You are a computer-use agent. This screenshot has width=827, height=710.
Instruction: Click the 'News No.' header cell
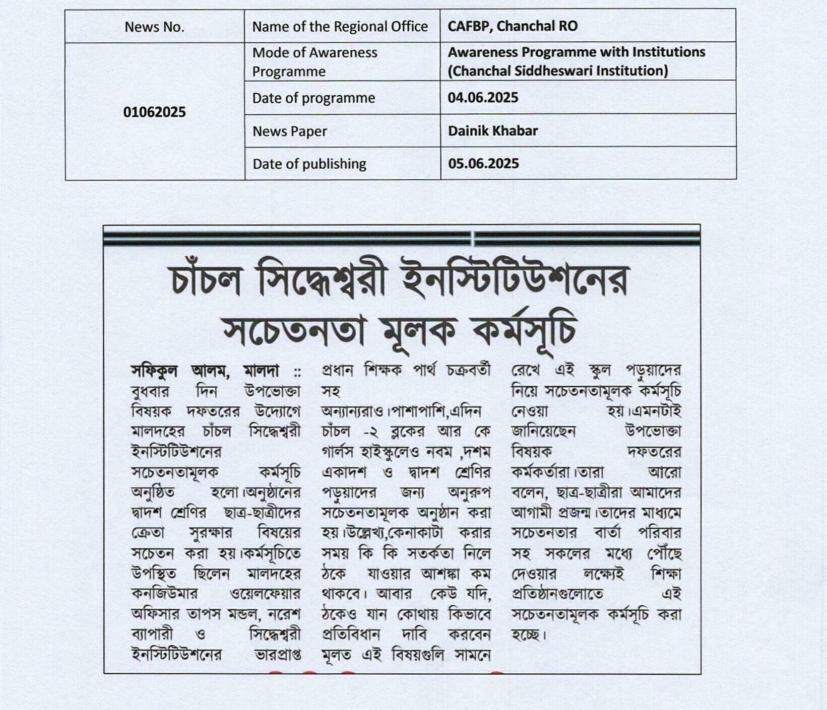click(154, 27)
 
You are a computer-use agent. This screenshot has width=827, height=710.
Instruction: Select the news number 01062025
click(154, 112)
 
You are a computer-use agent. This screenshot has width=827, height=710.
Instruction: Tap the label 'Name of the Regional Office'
click(340, 27)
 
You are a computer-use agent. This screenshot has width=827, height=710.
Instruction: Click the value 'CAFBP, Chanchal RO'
click(512, 26)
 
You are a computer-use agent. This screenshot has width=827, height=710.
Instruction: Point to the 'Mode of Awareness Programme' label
click(314, 61)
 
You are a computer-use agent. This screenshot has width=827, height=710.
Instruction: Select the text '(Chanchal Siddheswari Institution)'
click(557, 71)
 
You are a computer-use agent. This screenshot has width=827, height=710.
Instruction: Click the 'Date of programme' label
click(313, 98)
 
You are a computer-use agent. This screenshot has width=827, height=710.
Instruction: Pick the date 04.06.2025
click(483, 98)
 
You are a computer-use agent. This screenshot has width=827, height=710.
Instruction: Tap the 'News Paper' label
click(289, 131)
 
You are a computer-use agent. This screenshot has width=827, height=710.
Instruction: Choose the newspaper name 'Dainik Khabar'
click(492, 131)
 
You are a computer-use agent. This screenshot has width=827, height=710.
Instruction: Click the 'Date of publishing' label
click(309, 164)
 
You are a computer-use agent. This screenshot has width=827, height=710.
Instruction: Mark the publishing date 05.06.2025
click(483, 164)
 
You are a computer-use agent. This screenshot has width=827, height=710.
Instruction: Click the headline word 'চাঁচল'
click(207, 280)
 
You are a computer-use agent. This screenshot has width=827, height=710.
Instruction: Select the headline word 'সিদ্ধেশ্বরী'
click(322, 280)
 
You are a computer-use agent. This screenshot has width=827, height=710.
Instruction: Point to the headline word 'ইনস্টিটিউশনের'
click(515, 280)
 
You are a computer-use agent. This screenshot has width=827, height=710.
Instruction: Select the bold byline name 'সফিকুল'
click(154, 371)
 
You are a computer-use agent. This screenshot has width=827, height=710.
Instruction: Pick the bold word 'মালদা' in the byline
click(261, 371)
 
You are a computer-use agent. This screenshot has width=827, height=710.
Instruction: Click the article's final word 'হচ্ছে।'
click(529, 634)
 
